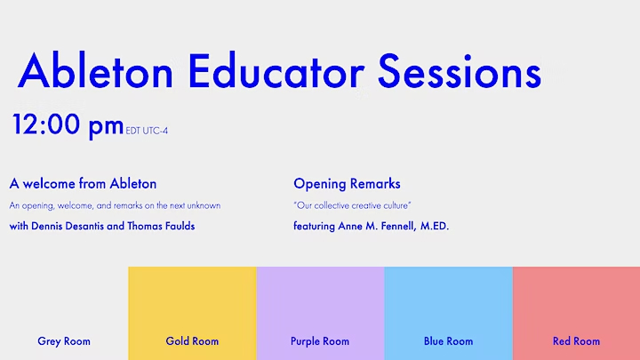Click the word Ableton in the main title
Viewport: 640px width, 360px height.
[x=95, y=70]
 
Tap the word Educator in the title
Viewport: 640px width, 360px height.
[x=276, y=70]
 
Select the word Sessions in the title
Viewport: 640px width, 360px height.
[x=460, y=71]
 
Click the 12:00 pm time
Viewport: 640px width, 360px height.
[x=68, y=125]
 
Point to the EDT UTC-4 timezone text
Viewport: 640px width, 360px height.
[x=147, y=131]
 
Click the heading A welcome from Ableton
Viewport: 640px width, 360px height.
[x=83, y=184]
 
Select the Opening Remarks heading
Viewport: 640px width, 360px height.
[x=347, y=184]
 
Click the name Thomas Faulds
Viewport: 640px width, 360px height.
[x=161, y=226]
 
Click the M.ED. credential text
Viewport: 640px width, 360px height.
[x=435, y=226]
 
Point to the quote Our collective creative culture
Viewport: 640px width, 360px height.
[x=352, y=205]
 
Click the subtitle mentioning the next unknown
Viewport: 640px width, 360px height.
[x=115, y=205]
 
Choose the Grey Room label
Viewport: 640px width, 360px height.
[x=64, y=341]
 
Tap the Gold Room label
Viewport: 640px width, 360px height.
[x=192, y=341]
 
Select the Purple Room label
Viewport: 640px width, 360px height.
[x=320, y=341]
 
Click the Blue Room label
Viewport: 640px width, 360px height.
[x=448, y=341]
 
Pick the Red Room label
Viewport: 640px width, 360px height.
[x=576, y=341]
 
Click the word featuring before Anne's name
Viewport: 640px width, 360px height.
[x=314, y=227]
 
